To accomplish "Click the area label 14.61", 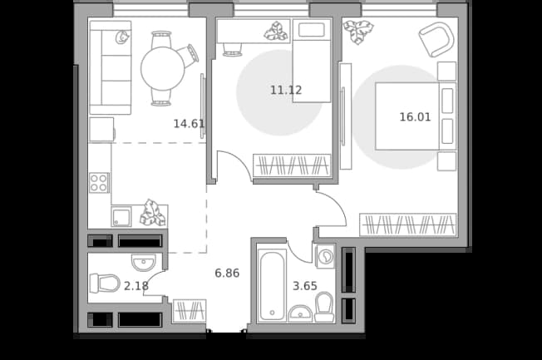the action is click(189, 123).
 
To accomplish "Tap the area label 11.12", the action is click(286, 91).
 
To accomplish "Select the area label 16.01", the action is click(415, 117).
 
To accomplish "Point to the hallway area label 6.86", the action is click(227, 274).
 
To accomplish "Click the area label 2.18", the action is click(136, 286).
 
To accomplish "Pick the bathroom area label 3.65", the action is click(305, 286).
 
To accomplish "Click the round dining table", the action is click(163, 68).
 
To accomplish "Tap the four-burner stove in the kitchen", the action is click(99, 183).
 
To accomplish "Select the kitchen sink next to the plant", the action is click(121, 217).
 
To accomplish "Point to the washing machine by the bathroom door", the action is click(325, 256).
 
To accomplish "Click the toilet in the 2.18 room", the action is click(105, 284).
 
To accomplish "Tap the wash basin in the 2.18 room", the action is click(144, 263).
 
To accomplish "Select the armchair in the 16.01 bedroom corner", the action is click(436, 39).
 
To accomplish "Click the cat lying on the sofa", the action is click(121, 37).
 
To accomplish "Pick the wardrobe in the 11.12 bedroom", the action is click(292, 165).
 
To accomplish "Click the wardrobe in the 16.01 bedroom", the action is click(408, 224).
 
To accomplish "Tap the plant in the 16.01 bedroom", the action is click(357, 31).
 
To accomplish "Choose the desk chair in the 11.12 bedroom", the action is click(232, 49).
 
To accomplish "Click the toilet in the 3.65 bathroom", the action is click(324, 308).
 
